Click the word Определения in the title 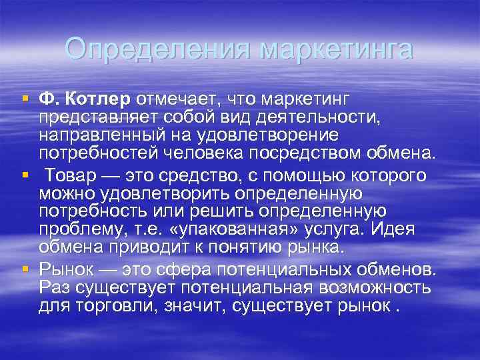pyautogui.click(x=158, y=49)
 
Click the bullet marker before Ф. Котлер pyautogui.click(x=25, y=99)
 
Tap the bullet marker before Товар pyautogui.click(x=25, y=175)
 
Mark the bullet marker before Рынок pyautogui.click(x=25, y=269)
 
